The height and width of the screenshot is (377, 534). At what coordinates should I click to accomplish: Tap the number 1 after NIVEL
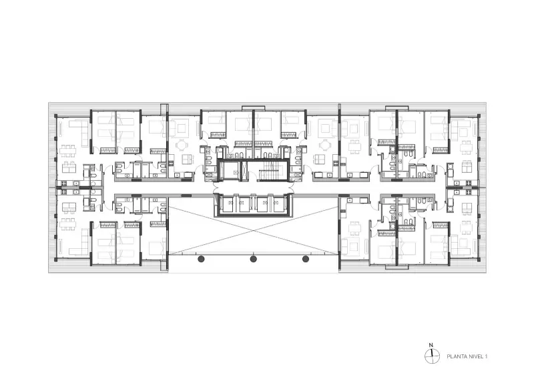coord(486,356)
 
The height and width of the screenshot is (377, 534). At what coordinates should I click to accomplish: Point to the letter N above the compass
coord(431,345)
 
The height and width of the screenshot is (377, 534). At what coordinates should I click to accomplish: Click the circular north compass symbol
coord(432,357)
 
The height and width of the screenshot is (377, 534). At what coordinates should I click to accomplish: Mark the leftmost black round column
coord(202,259)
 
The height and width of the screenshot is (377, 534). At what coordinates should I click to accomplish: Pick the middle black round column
coord(254,259)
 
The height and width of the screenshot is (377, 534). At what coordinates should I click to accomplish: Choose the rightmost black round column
coord(306,259)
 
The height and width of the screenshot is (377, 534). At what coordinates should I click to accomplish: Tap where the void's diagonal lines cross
coord(254,230)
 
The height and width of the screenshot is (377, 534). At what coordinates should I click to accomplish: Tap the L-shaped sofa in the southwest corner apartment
coord(80,242)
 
